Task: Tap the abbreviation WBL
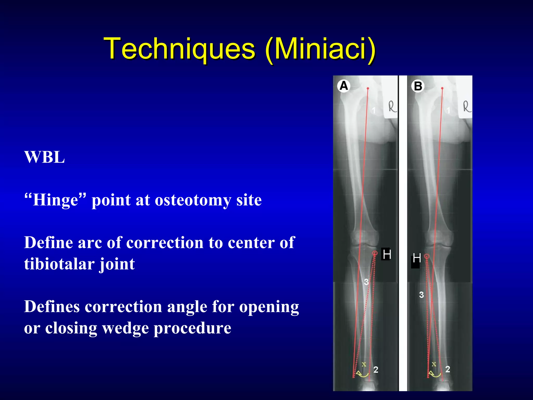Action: tap(45, 157)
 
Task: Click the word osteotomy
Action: tap(193, 200)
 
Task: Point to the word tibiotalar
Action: tap(59, 264)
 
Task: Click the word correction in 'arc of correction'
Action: tap(165, 243)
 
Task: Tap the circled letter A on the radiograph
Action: tap(344, 86)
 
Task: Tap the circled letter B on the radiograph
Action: tap(418, 86)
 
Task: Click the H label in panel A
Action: tap(386, 254)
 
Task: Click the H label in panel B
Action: tap(416, 258)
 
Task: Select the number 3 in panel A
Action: tap(366, 282)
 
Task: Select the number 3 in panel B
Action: tap(421, 295)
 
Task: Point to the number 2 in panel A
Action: tap(376, 370)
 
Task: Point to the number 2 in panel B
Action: tap(448, 369)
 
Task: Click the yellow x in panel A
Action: tap(364, 364)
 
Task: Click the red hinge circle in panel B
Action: tap(426, 257)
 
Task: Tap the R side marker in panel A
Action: tap(392, 107)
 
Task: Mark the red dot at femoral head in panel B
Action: tap(442, 89)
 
